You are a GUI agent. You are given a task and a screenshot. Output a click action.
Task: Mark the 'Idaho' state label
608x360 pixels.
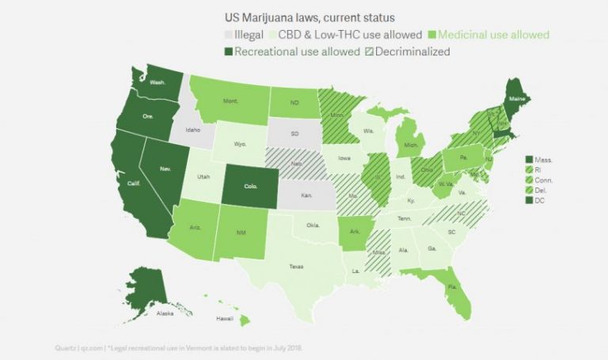(x=192, y=131)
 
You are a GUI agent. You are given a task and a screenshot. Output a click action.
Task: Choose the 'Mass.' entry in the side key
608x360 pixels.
(x=543, y=160)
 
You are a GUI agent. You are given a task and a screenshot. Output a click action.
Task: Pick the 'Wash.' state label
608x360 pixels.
(x=157, y=81)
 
